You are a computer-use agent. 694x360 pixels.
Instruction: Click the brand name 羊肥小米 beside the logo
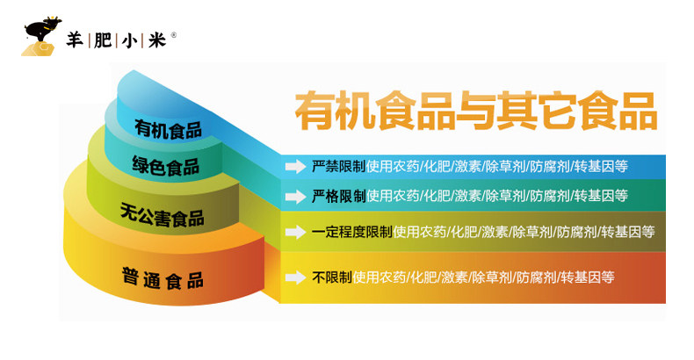click(116, 40)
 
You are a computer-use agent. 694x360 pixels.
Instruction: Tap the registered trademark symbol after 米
click(174, 35)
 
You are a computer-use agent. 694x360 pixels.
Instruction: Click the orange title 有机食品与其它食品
click(476, 111)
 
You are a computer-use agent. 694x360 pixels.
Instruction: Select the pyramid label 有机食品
click(168, 129)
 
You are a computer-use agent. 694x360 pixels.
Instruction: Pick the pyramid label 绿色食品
click(165, 166)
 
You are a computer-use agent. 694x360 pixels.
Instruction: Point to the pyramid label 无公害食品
click(163, 216)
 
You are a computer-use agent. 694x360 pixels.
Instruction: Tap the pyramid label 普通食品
click(163, 278)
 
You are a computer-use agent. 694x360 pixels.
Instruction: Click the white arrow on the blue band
click(295, 166)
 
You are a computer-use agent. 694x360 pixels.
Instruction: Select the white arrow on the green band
click(295, 196)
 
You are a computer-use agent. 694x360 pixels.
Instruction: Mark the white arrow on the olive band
click(295, 232)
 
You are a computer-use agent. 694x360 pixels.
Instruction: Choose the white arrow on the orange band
click(295, 277)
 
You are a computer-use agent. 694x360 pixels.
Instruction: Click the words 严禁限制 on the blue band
click(338, 166)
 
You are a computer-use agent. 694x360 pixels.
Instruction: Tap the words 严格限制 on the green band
click(338, 196)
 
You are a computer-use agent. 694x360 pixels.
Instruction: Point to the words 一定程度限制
click(352, 232)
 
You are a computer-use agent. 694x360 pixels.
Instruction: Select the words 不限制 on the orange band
click(332, 277)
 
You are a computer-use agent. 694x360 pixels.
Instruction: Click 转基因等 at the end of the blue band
click(601, 166)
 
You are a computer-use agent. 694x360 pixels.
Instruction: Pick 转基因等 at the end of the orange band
click(588, 277)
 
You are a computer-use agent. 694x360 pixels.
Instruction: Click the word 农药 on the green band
click(406, 196)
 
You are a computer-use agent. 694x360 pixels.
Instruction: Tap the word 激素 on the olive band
click(495, 232)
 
